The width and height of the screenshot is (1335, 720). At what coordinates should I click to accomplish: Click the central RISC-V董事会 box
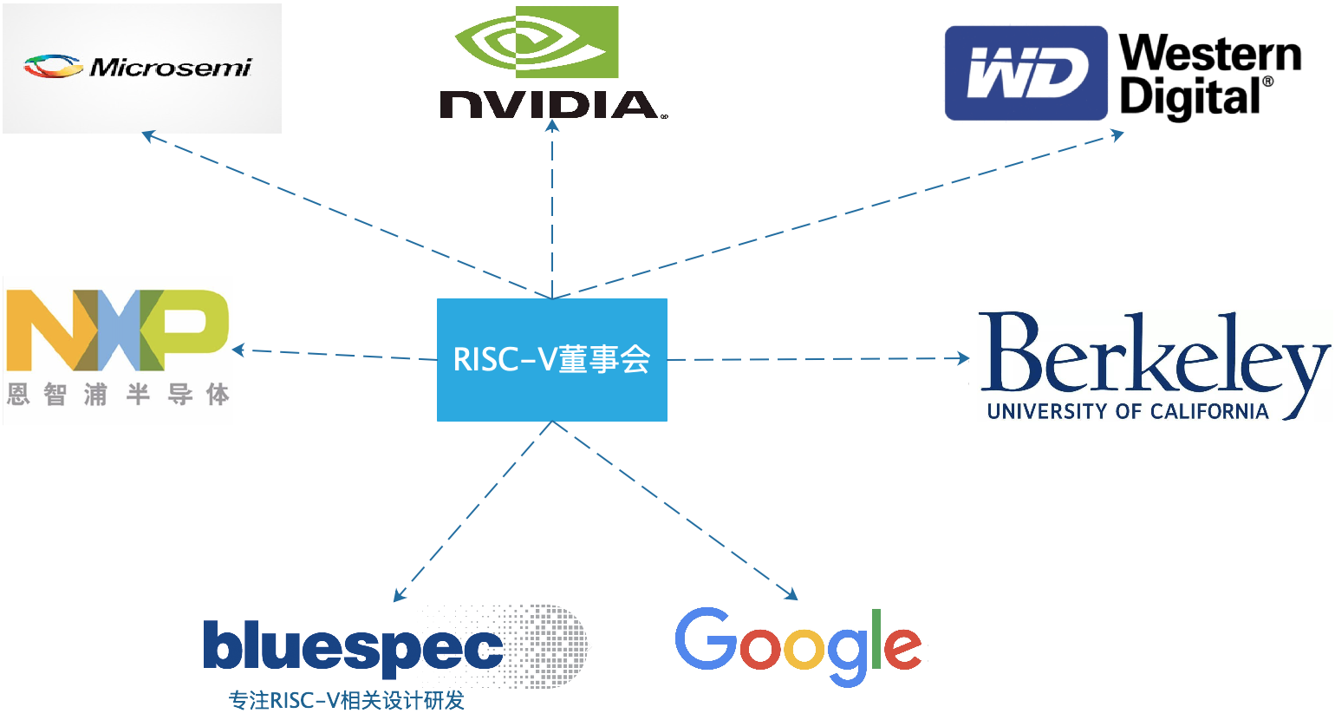coord(552,359)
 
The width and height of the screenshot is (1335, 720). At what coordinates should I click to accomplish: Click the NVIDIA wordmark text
coord(550,105)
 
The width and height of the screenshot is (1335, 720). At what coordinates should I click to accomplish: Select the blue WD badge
coord(1026,73)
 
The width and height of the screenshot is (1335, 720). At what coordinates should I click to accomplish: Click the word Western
coord(1210,54)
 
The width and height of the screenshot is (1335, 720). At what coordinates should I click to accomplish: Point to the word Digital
coord(1190,97)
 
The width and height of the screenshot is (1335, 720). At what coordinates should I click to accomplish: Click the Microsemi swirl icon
coord(52,66)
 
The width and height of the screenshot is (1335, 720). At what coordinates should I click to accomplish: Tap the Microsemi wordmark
coord(171,67)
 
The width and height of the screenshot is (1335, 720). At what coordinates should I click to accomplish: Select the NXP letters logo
coord(117,330)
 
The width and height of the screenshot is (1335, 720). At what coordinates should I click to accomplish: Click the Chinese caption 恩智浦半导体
coord(118,396)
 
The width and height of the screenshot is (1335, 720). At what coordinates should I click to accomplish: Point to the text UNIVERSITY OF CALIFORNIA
coord(1127,411)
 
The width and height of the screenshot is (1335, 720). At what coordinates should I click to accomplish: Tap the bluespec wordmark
coord(353,647)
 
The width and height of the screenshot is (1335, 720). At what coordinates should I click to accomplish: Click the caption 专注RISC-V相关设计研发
coord(347,700)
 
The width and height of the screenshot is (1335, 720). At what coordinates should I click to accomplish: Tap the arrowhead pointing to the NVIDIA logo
coord(552,127)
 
